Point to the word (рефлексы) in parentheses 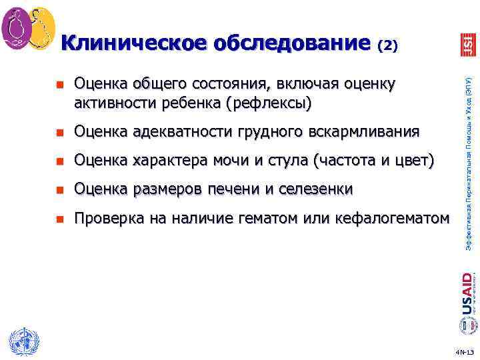tap(268, 103)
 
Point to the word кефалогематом tap(395, 218)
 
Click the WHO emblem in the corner tap(22, 343)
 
